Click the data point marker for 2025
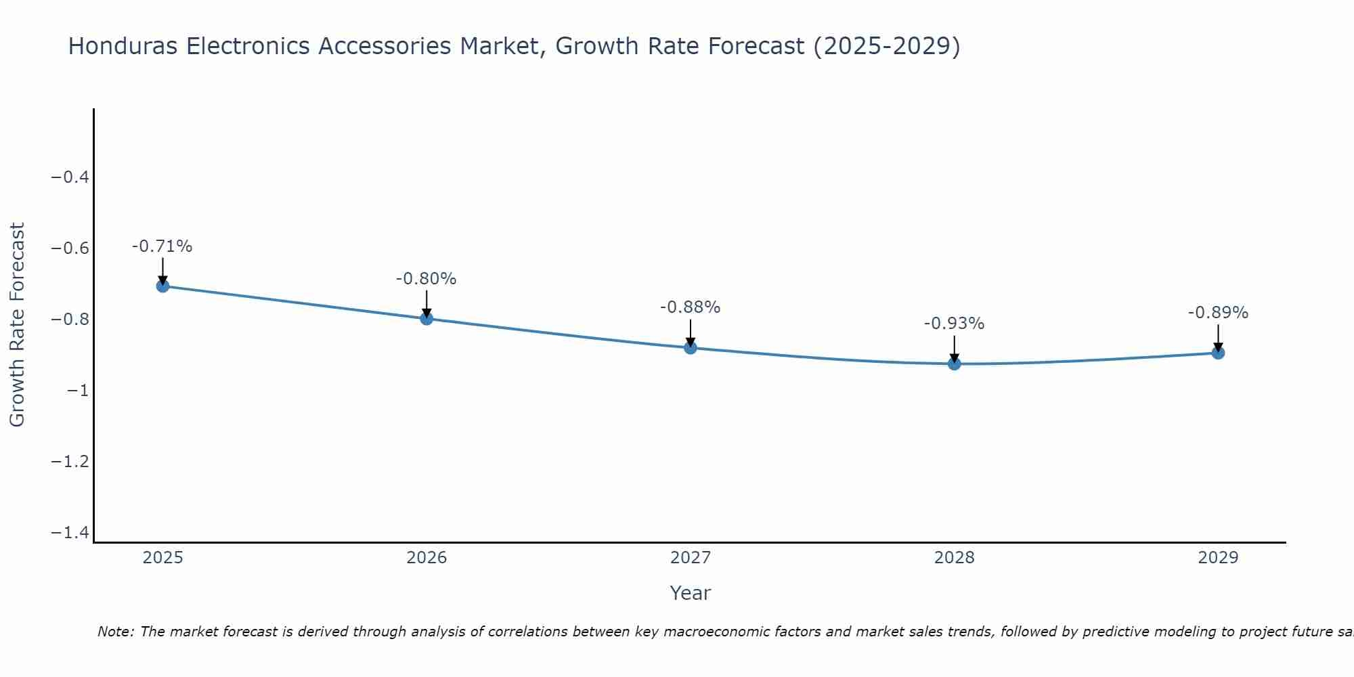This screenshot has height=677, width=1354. [162, 286]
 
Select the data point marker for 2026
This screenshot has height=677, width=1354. [427, 318]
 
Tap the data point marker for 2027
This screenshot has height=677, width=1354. [691, 348]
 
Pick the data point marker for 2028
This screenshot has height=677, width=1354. [955, 364]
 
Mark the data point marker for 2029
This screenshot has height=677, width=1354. [1218, 353]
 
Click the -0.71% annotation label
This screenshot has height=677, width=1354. [162, 246]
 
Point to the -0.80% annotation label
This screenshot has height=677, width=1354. [426, 279]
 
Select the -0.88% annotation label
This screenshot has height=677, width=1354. [690, 307]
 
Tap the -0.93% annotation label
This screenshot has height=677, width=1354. [954, 324]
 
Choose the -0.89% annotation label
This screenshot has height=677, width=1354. [1218, 313]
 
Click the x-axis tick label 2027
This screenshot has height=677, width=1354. [691, 558]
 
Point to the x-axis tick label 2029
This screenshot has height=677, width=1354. [1218, 558]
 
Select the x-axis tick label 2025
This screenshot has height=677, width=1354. [163, 558]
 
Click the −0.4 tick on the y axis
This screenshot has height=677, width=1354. [70, 177]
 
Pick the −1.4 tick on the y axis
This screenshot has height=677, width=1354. [70, 533]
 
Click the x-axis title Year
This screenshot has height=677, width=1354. [691, 593]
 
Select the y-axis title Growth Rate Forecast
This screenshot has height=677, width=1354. [18, 325]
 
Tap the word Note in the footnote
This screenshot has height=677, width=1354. [115, 632]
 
